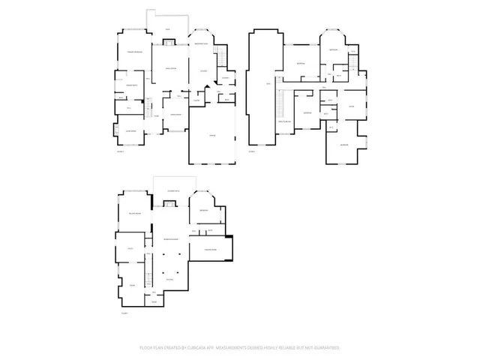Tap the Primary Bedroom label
point(135,52)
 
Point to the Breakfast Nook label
point(201,45)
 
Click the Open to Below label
point(285,122)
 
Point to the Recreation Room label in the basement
point(171,239)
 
